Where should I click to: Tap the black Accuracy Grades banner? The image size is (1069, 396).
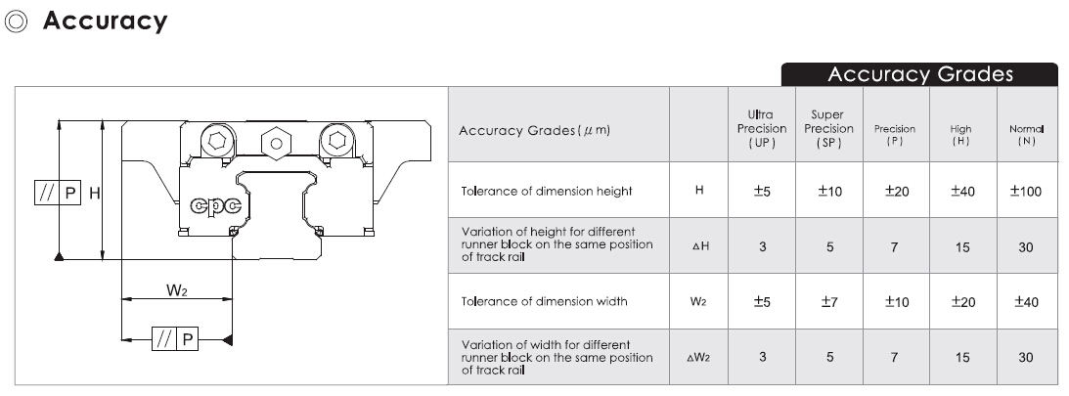(x=919, y=74)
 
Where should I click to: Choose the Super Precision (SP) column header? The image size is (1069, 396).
(x=828, y=128)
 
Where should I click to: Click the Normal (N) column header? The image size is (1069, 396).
(x=1026, y=135)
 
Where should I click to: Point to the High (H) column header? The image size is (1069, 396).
(x=960, y=135)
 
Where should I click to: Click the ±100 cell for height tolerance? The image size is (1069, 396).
(x=1025, y=192)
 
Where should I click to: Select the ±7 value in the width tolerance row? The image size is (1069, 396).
(x=828, y=302)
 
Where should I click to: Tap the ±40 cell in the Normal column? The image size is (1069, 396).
(x=1025, y=302)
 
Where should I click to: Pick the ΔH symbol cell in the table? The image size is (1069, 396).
(x=699, y=247)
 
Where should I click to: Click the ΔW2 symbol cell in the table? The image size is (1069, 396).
(x=698, y=358)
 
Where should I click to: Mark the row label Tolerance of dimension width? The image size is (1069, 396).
(x=544, y=301)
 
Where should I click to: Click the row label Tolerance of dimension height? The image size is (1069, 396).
(x=547, y=191)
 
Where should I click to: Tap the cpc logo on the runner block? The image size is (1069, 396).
(x=217, y=204)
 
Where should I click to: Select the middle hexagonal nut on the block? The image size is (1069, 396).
(x=276, y=143)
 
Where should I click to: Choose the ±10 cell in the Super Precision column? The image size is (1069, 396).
(x=828, y=192)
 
